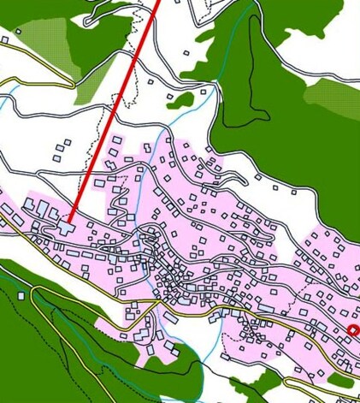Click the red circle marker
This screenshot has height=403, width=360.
(x=353, y=329)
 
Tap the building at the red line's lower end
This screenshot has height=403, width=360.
(x=65, y=228)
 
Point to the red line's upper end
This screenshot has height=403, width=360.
(x=158, y=3)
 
